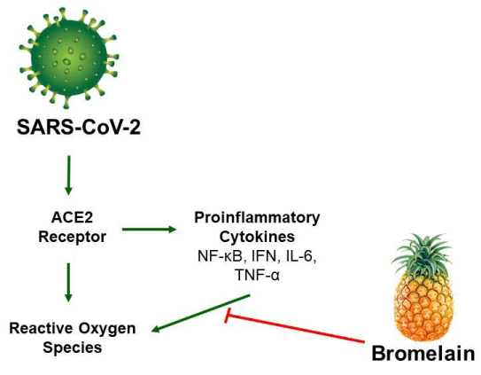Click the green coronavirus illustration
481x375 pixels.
tap(69, 58)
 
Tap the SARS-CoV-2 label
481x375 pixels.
tap(79, 127)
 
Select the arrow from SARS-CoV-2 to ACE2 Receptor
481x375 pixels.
tap(68, 175)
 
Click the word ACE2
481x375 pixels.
tap(72, 218)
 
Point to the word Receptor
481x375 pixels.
tap(72, 237)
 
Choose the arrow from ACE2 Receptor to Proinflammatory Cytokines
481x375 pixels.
tap(150, 229)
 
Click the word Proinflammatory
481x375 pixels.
tap(257, 218)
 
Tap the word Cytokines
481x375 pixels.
tap(257, 237)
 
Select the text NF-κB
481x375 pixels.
tap(220, 256)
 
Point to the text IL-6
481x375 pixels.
tap(300, 256)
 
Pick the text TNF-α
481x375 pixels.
tap(257, 275)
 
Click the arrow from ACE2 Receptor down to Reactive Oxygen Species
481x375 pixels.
tap(68, 283)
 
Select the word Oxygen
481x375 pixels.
tap(107, 329)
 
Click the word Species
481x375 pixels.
tap(73, 348)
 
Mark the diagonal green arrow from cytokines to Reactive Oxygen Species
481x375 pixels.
tap(201, 314)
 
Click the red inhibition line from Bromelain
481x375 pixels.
tap(294, 327)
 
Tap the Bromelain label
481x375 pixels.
tap(423, 354)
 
